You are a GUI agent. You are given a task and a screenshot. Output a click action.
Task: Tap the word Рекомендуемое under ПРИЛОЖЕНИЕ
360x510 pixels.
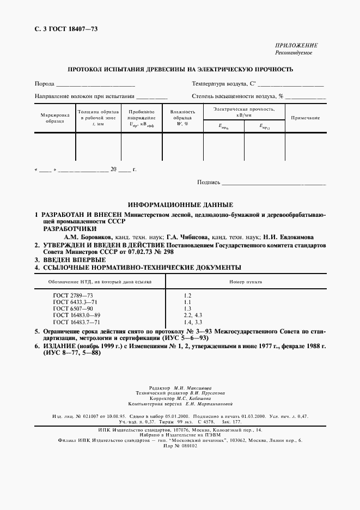coord(297,53)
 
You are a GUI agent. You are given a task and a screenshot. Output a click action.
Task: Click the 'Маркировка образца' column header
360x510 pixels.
coord(55,118)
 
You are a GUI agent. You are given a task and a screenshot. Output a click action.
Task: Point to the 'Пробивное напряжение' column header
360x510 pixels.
coord(142,118)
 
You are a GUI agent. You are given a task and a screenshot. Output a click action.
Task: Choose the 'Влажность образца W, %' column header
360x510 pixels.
coord(182,118)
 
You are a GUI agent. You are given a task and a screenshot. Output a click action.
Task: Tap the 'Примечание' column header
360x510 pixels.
coord(305,118)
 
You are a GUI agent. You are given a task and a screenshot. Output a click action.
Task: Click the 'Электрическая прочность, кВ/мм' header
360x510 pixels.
coord(244,112)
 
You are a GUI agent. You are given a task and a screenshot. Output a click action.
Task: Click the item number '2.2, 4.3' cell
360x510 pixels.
coord(193,315)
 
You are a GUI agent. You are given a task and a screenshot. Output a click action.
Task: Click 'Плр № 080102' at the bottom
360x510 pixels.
coord(180,445)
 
